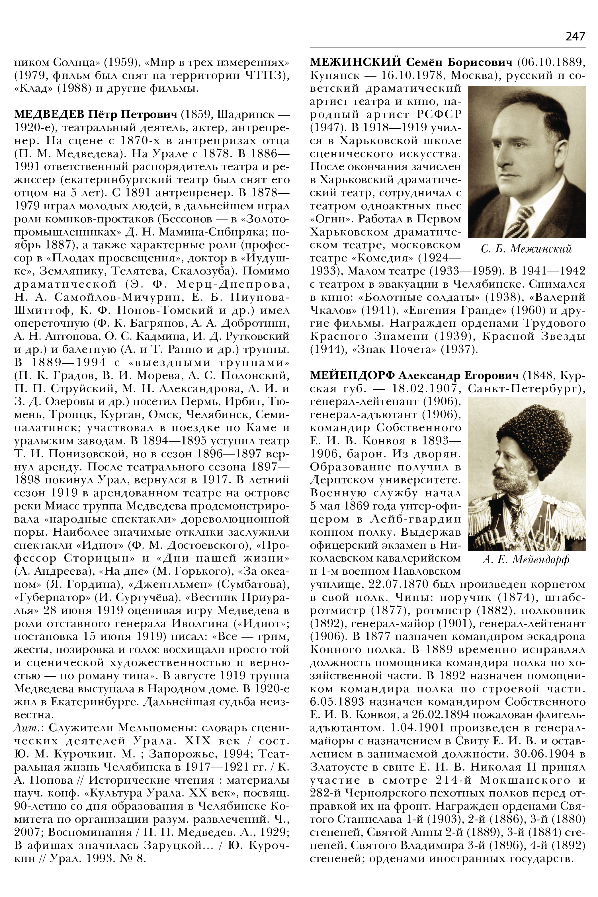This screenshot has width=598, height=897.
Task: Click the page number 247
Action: click(x=575, y=37)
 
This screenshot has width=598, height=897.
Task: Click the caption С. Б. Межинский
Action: click(x=526, y=249)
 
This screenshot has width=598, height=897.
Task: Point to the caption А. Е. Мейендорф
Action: click(x=526, y=560)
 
